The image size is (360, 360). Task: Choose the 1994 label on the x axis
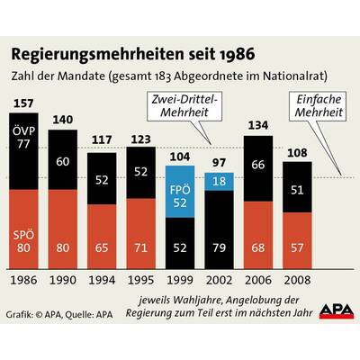(103, 282)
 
